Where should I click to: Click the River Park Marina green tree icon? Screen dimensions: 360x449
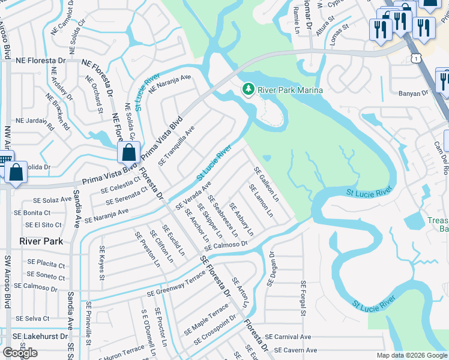(248, 89)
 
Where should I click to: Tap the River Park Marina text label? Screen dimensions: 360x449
(291, 90)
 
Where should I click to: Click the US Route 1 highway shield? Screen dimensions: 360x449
(415, 58)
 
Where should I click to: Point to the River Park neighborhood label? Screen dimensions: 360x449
(41, 241)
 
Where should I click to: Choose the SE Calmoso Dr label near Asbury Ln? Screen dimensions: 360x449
(226, 245)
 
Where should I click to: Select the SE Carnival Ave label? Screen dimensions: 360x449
(288, 337)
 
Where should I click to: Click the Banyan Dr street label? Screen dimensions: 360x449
(414, 93)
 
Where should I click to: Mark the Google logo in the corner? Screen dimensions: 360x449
(20, 353)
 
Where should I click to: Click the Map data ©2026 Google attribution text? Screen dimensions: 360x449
(412, 355)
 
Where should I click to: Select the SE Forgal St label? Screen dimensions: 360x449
(303, 298)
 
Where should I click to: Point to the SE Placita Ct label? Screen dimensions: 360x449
(46, 263)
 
